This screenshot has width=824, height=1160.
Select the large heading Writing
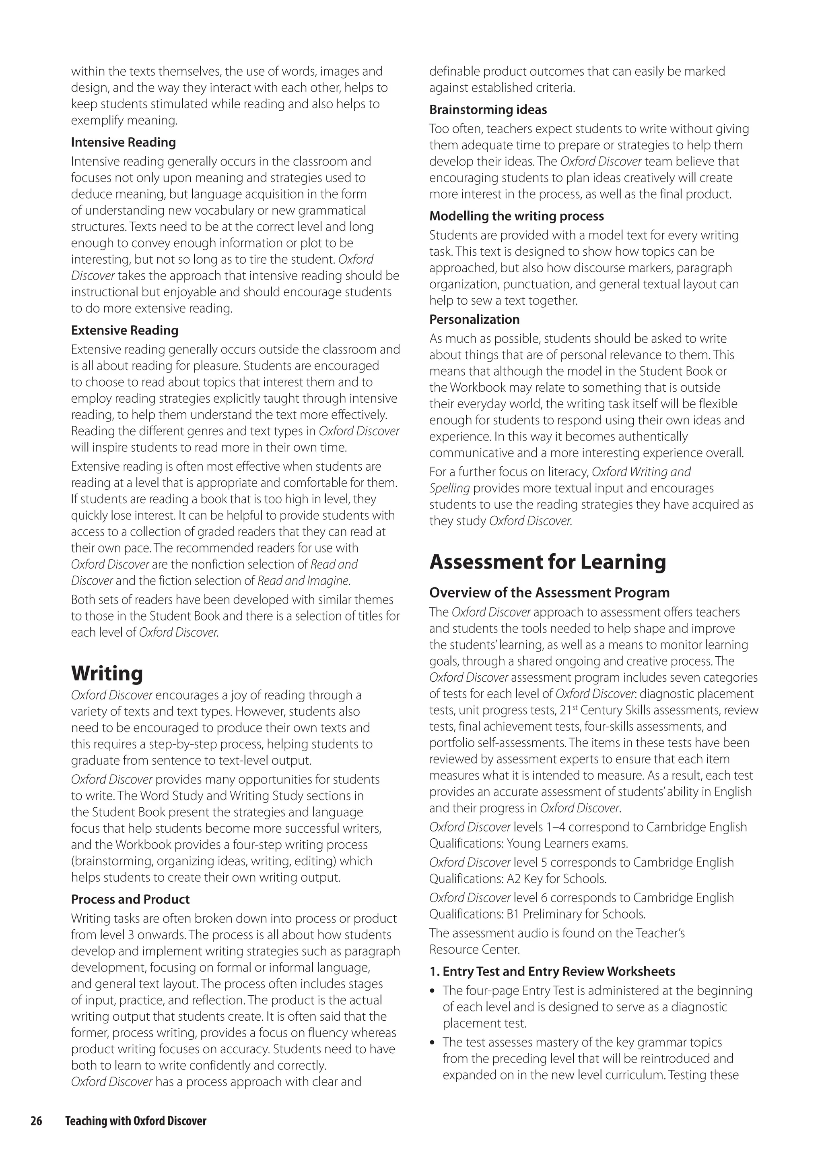[x=107, y=673]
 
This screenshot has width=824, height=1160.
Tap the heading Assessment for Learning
[x=548, y=562]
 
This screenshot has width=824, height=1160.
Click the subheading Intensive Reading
[x=123, y=142]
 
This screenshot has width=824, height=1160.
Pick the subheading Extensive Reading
[x=124, y=331]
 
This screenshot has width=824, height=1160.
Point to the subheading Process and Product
[x=130, y=899]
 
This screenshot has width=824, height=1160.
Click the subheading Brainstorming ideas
[x=488, y=110]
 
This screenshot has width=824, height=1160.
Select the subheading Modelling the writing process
[x=517, y=216]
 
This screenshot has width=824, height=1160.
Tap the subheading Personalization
[x=474, y=319]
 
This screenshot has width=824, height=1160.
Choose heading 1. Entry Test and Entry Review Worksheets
[x=552, y=972]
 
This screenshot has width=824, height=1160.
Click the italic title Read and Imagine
[x=303, y=580]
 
